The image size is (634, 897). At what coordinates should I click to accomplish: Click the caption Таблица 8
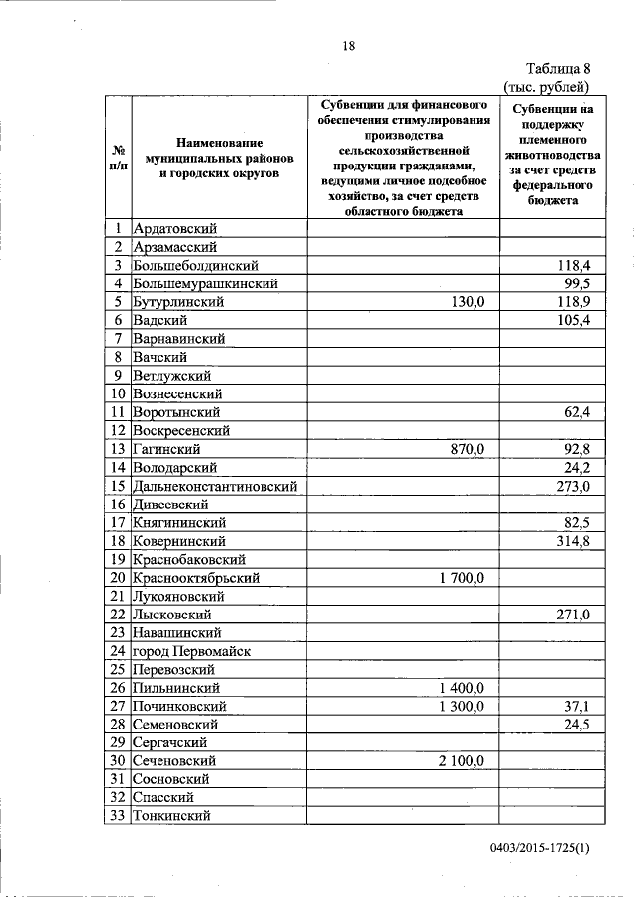pos(558,68)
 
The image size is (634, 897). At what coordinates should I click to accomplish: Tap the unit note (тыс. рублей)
pos(548,86)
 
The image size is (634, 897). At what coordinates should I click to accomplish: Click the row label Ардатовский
pos(175,229)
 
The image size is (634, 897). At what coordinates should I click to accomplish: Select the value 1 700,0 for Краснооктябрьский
pos(458,578)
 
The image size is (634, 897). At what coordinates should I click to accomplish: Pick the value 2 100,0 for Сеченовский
pos(458,761)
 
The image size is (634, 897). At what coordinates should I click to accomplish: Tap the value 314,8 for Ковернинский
pos(572,541)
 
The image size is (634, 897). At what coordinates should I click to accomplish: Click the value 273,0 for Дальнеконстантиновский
pos(572,486)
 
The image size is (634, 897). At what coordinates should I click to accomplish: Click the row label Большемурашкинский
pos(205,283)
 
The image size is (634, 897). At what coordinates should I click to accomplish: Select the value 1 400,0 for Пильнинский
pos(458,688)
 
